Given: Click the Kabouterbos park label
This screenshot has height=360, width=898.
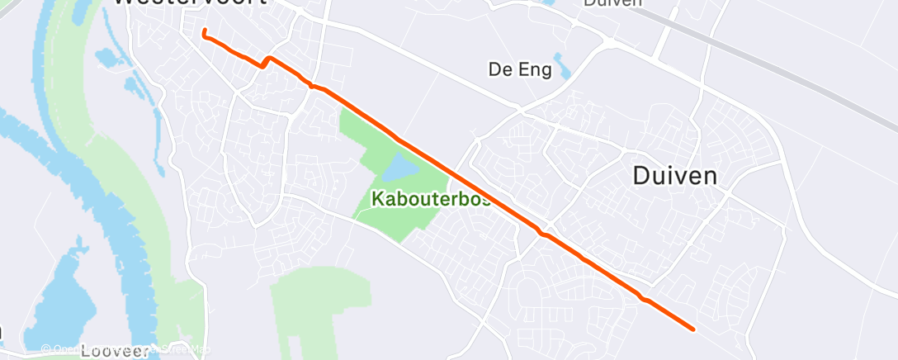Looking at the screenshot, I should [x=432, y=199].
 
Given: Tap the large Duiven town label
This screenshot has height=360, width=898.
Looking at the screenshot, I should [x=674, y=176].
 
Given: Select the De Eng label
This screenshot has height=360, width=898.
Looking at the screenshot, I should [x=520, y=70].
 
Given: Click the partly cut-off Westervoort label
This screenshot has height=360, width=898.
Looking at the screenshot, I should [x=190, y=2].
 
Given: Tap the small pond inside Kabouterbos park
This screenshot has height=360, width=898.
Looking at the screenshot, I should [x=399, y=168].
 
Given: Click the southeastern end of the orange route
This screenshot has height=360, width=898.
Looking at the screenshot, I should [x=692, y=329].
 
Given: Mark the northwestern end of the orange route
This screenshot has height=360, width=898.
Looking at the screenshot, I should [x=204, y=32].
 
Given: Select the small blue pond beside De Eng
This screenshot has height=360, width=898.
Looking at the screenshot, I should [x=564, y=67].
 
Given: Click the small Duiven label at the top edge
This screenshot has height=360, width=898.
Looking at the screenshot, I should [x=612, y=3].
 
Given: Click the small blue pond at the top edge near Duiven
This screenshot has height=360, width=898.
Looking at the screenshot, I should [x=548, y=2].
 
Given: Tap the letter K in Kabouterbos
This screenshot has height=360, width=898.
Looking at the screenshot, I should [x=377, y=199].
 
